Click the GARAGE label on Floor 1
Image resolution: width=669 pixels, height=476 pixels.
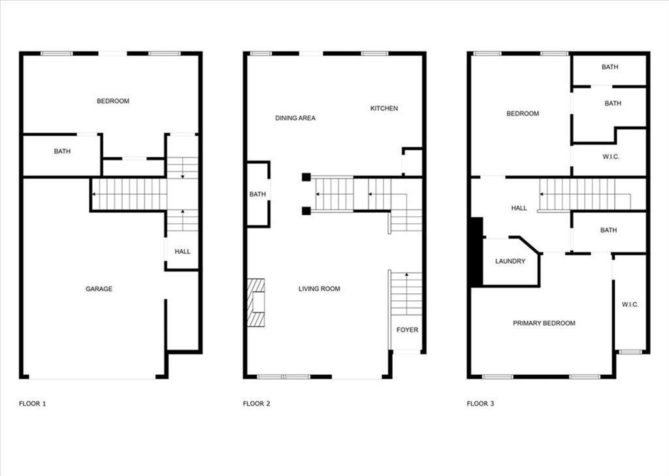99,289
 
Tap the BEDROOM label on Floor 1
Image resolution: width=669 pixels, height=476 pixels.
113,101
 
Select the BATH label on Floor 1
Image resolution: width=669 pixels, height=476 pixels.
62,151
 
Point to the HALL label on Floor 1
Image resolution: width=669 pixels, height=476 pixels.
183,251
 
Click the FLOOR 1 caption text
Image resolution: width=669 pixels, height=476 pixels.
32,404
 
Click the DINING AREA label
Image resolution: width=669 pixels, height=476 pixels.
295,118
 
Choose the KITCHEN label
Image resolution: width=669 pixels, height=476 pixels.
384,108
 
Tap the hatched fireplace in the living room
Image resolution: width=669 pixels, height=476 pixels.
256,302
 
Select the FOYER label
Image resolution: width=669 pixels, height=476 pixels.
407,330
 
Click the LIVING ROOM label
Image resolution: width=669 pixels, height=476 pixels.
319,289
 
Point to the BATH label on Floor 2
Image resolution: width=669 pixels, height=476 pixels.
257,195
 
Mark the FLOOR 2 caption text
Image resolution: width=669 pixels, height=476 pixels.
256,404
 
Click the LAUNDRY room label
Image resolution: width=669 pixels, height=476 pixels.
510,261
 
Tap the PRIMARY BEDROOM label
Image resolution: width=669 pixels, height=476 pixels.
544,323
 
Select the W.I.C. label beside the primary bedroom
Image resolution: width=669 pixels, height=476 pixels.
630,305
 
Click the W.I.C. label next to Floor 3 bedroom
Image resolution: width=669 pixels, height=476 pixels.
611,157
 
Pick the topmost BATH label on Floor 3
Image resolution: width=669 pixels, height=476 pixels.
610,67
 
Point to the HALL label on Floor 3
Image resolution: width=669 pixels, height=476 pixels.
519,208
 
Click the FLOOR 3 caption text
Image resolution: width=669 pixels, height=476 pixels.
480,404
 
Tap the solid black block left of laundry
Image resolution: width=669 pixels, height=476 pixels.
476,252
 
